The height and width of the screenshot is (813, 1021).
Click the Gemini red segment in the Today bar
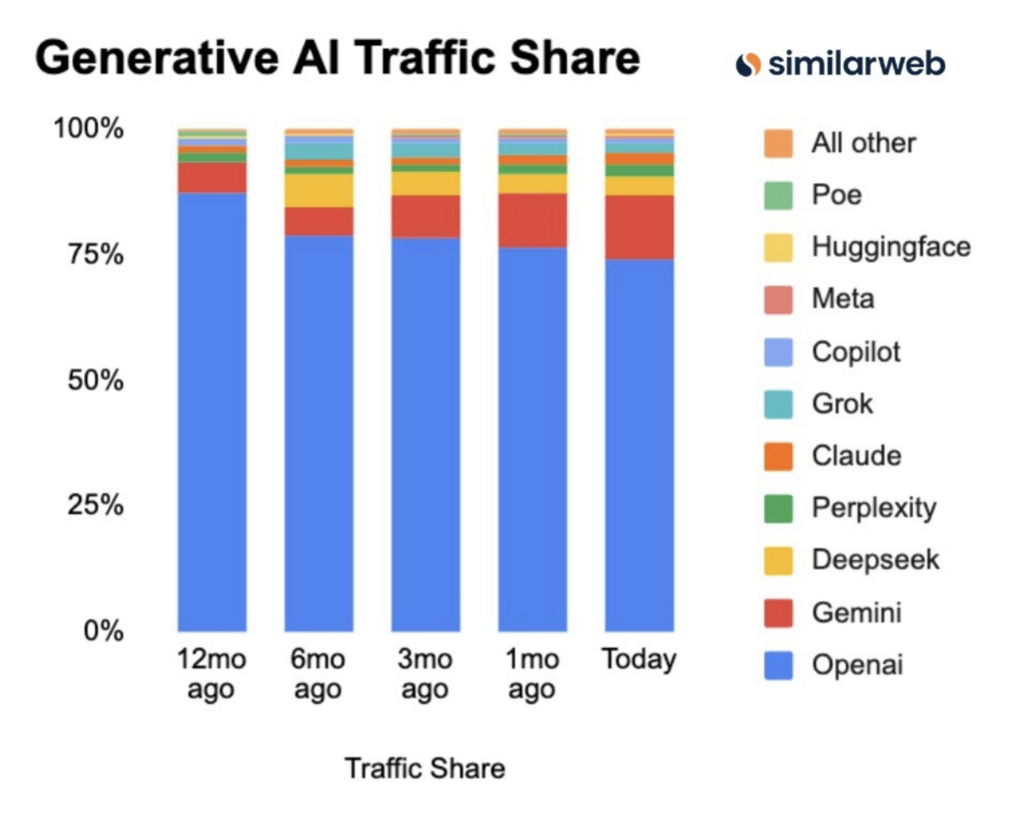pos(639,227)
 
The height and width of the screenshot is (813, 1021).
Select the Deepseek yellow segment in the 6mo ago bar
pos(319,190)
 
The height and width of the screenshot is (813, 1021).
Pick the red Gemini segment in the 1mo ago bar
pos(532,221)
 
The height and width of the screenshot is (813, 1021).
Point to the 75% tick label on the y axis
pos(96,254)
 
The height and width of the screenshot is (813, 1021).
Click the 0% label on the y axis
pos(103,631)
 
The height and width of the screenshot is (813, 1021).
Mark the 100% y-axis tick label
pos(89,128)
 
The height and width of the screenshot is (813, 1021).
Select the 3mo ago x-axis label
pos(425,674)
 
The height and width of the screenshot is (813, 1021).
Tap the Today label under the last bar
pos(639,660)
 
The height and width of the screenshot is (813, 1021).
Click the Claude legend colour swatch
pos(778,456)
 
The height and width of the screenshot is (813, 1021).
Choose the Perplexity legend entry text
pos(874,508)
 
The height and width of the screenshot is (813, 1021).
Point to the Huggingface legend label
pos(891,247)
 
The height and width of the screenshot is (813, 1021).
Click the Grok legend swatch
pos(778,404)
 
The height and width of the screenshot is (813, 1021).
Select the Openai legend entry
pos(857,664)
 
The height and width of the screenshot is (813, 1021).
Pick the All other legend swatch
pos(778,143)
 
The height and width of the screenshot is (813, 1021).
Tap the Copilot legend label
pos(856,352)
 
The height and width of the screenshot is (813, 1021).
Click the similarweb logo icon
pos(748,64)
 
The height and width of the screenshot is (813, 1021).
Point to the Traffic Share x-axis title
pos(425,768)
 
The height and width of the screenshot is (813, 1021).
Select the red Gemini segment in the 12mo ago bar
pos(212,178)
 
